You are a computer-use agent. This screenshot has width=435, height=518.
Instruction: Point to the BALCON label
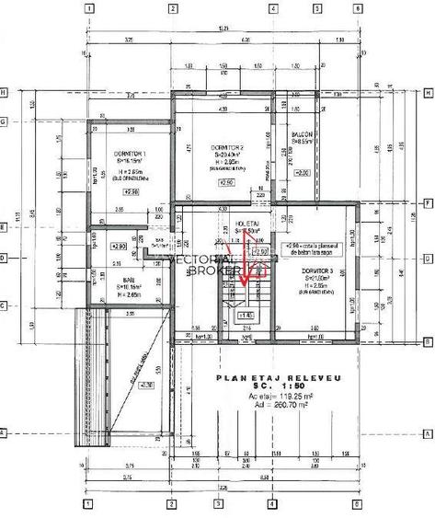pos(303,134)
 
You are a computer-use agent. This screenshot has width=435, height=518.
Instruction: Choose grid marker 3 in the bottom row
pos(217,504)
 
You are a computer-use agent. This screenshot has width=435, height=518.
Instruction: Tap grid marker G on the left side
pos(5,121)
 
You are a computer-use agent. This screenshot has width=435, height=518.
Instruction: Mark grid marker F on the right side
pos(429,203)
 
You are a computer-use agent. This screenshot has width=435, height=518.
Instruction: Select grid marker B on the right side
pos(429,340)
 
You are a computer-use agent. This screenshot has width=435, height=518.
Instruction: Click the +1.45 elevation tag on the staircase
pos(246,316)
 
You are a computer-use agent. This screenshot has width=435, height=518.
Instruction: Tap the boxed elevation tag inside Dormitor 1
pos(131,191)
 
